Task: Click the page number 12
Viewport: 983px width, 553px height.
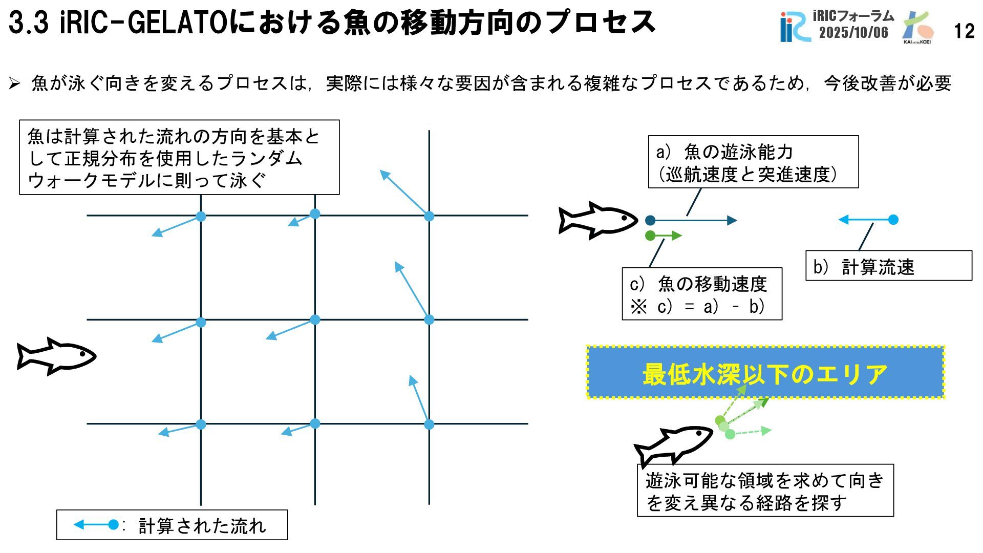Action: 964,32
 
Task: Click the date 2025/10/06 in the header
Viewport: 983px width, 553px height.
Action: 853,33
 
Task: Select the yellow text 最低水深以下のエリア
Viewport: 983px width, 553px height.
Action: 765,374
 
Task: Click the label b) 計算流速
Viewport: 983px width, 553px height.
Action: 864,267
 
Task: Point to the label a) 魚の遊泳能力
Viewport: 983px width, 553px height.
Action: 724,152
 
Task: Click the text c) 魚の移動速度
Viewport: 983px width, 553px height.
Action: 698,284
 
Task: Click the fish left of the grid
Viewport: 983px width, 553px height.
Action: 56,356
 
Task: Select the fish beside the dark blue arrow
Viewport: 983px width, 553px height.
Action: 597,220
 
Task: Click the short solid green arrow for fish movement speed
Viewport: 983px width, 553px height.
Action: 664,236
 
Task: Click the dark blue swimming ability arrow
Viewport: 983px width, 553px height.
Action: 693,221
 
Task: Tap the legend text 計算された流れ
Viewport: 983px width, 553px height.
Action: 202,526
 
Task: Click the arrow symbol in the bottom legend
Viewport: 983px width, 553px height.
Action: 96,525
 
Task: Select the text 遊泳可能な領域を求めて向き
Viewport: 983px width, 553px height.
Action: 765,480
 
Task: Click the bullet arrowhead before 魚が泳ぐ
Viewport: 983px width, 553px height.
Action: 14,83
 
